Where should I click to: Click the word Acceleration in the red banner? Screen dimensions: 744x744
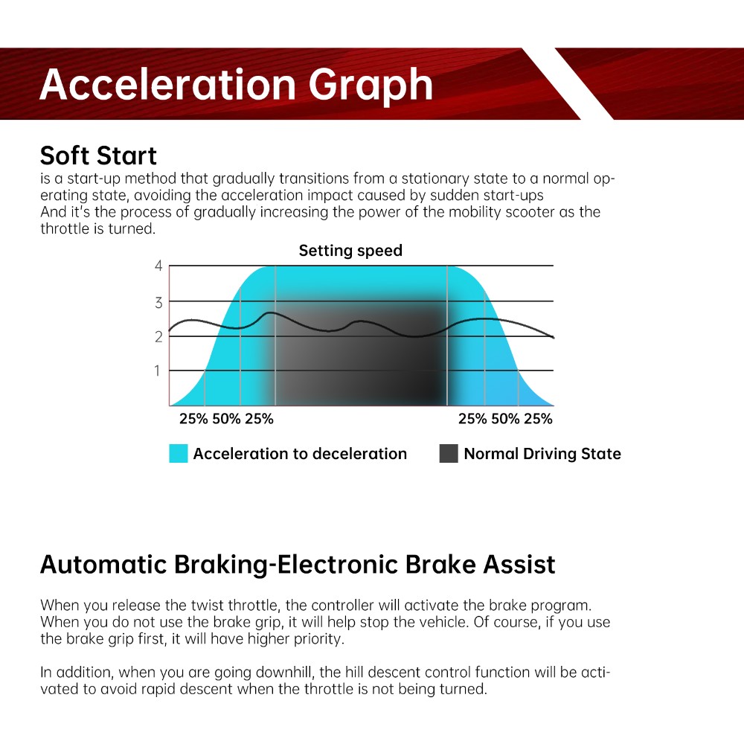[168, 85]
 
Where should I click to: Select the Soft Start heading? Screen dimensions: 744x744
[98, 155]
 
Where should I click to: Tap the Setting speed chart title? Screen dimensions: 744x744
[350, 251]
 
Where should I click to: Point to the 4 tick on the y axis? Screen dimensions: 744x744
[158, 266]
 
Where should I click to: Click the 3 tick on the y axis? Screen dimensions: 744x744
[158, 303]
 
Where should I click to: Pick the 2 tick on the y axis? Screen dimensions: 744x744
[158, 337]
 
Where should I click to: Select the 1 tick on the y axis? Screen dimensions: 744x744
[157, 371]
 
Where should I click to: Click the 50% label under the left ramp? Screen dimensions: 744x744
[226, 419]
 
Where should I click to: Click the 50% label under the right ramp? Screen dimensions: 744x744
[505, 419]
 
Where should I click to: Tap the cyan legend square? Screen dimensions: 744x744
[179, 454]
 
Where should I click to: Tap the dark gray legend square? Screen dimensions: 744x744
[449, 454]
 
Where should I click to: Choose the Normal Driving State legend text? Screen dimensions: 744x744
[542, 454]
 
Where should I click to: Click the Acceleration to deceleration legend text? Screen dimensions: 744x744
[300, 454]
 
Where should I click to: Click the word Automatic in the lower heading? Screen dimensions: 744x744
[103, 565]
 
